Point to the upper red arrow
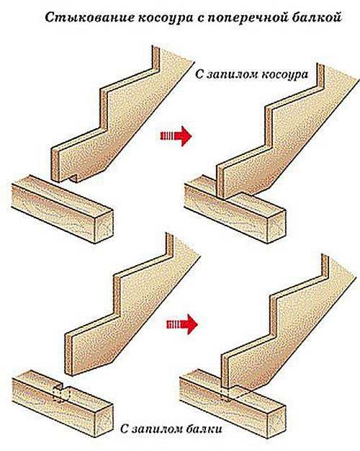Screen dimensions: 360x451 click(176, 135)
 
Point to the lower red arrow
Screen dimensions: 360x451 click(182, 324)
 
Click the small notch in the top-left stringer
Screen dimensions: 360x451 click(73, 179)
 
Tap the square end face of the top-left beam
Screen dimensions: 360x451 click(104, 225)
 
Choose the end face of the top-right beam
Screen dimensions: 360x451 click(276, 225)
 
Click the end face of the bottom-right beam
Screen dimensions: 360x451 click(276, 421)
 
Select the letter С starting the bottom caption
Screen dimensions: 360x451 click(125, 429)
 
